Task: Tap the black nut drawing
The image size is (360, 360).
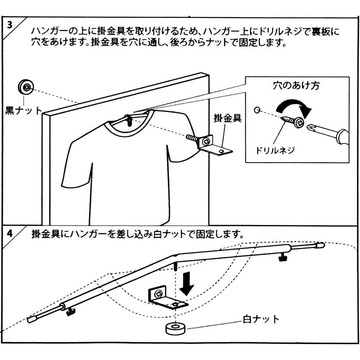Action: (26, 87)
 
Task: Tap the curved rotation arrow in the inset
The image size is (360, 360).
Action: (293, 107)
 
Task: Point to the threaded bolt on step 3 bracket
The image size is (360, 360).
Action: (193, 138)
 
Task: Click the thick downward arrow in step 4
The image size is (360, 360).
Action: (186, 282)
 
